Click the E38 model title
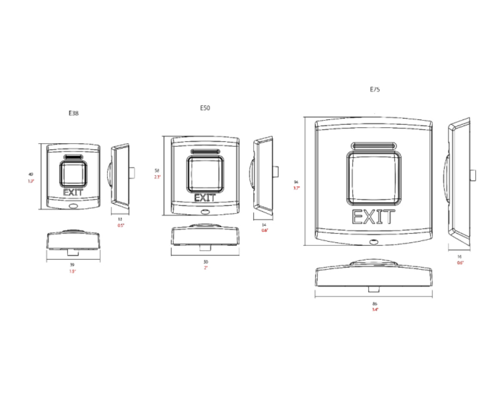74,113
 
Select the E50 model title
205,108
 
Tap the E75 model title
375,90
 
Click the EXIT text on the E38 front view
73,192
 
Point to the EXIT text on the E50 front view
205,198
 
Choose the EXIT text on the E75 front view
373,217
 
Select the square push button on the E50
205,174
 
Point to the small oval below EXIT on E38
73,206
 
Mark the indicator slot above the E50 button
205,152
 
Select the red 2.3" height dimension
157,177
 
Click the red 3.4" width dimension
375,310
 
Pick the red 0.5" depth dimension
121,225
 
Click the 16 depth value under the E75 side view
460,256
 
